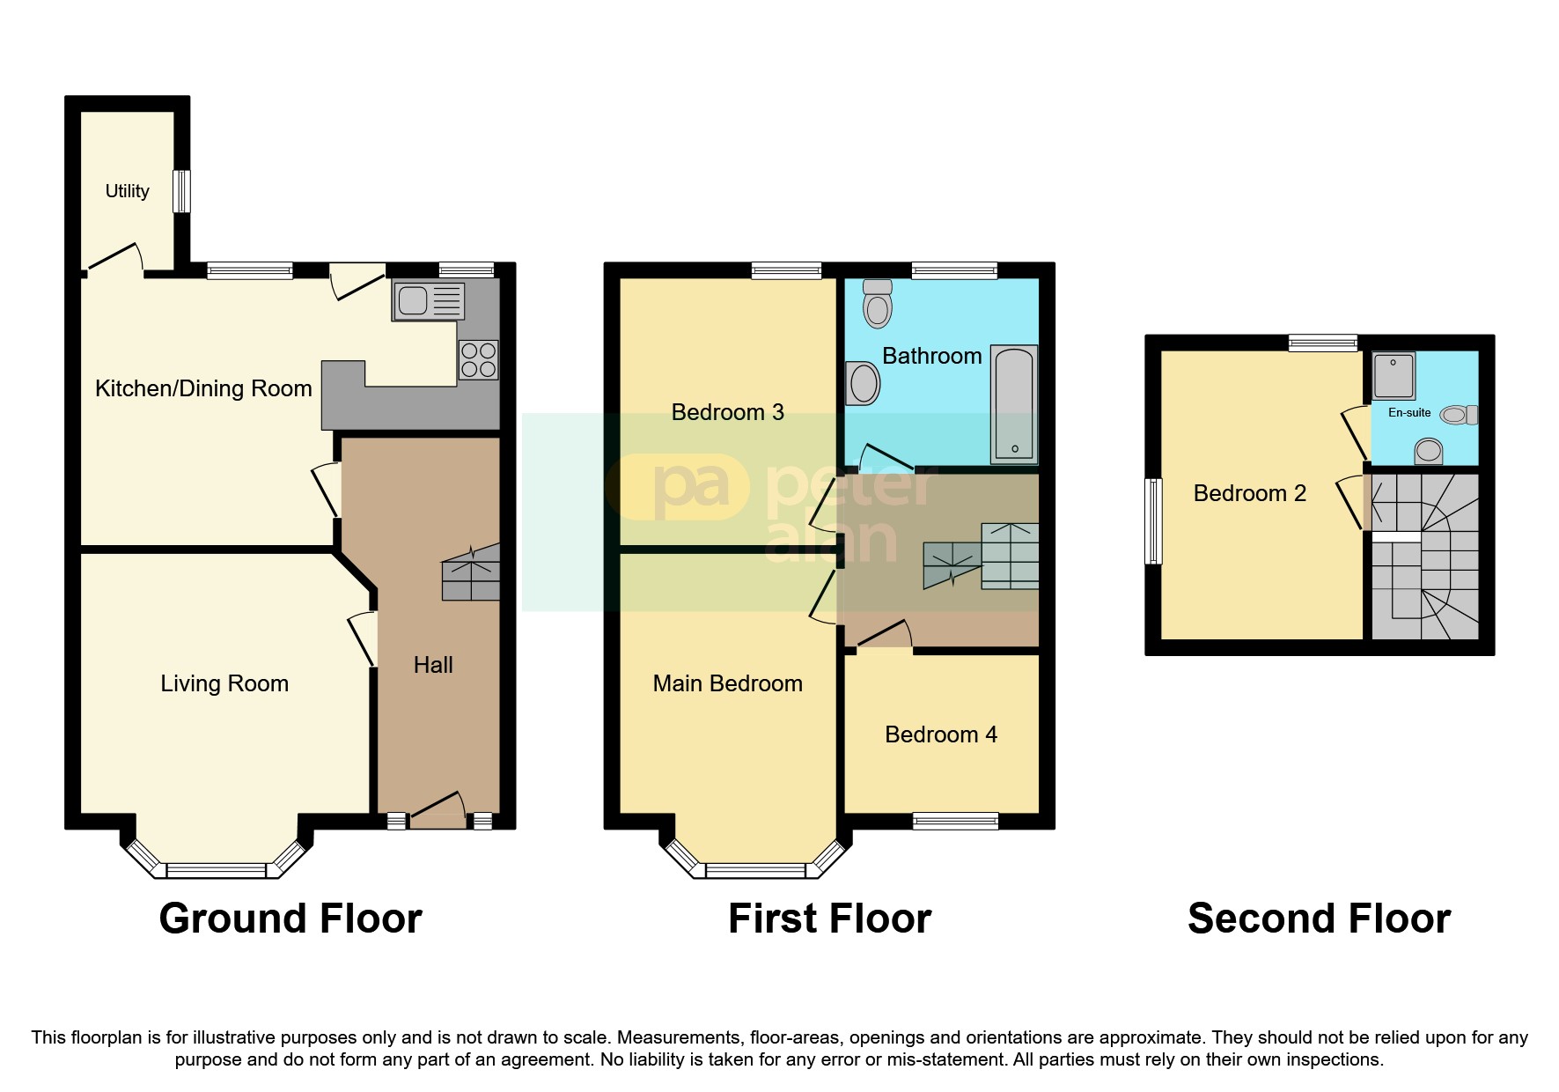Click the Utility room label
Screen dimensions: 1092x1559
(127, 191)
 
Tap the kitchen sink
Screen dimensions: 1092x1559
(428, 301)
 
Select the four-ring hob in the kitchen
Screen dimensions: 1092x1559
(478, 359)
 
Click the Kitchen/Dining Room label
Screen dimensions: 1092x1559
(203, 388)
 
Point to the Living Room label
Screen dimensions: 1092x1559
(224, 683)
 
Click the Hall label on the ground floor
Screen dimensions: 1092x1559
(433, 665)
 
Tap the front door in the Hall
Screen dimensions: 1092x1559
(438, 811)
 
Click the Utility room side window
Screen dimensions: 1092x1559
(181, 191)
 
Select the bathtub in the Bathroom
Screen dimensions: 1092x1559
(1014, 404)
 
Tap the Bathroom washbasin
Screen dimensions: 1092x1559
(863, 384)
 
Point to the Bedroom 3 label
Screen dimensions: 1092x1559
(727, 412)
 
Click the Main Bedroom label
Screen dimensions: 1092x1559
(727, 683)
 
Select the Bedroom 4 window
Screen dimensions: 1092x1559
(955, 821)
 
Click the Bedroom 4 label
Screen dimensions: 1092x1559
(941, 734)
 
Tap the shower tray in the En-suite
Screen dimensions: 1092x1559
(1394, 376)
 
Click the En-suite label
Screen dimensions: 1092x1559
(1409, 412)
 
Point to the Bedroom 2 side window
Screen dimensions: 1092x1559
(1153, 520)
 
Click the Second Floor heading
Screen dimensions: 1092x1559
(1318, 919)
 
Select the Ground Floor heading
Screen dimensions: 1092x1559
(290, 919)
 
